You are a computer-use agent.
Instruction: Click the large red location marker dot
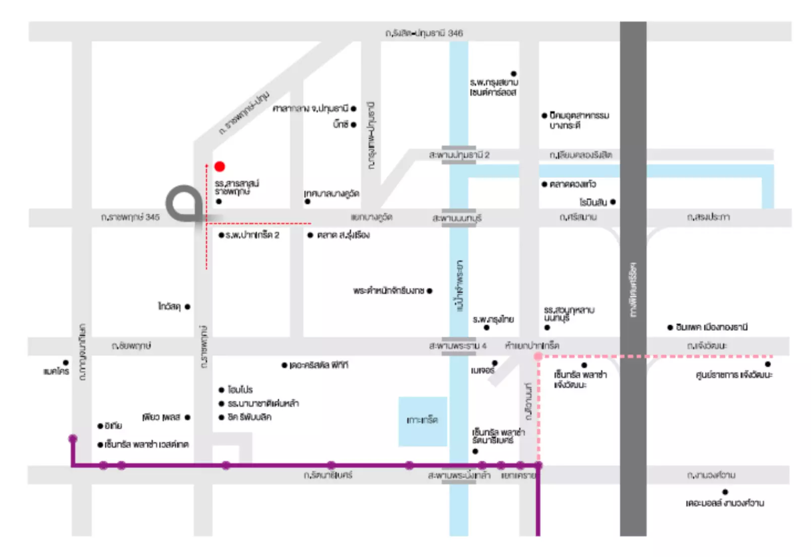click(220, 166)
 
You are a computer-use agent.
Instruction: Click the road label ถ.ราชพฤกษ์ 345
click(130, 217)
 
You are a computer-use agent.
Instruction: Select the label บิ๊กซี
click(341, 124)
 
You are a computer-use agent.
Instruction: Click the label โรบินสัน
click(593, 202)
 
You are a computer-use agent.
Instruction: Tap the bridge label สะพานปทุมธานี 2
click(459, 155)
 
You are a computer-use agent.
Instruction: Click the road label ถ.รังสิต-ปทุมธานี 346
click(424, 33)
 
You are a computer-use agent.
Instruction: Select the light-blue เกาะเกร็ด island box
click(423, 422)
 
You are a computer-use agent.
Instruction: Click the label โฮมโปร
click(240, 389)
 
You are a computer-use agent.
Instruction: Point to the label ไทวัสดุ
click(169, 306)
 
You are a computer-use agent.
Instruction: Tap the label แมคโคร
click(56, 371)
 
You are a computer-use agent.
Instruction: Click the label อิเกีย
click(113, 426)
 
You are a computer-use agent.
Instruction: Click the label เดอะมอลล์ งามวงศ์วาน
click(725, 503)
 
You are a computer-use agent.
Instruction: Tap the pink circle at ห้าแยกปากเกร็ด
click(538, 357)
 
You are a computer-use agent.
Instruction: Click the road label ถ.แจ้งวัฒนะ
click(707, 345)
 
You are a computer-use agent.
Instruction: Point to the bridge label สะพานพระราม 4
click(457, 345)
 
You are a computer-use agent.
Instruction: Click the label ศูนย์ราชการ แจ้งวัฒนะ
click(734, 375)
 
